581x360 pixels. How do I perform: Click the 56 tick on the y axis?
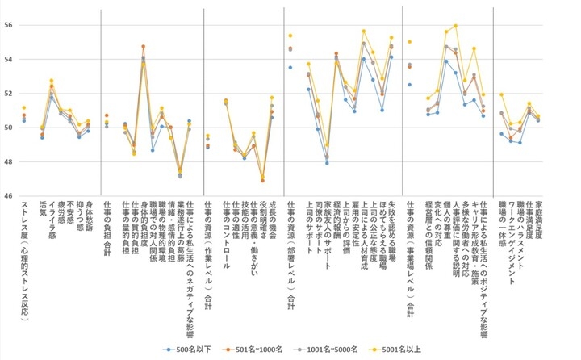click(x=6, y=25)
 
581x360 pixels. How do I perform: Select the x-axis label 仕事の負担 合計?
click(x=107, y=231)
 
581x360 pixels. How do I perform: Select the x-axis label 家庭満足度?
click(x=538, y=224)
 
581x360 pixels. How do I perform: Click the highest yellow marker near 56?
click(x=456, y=26)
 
